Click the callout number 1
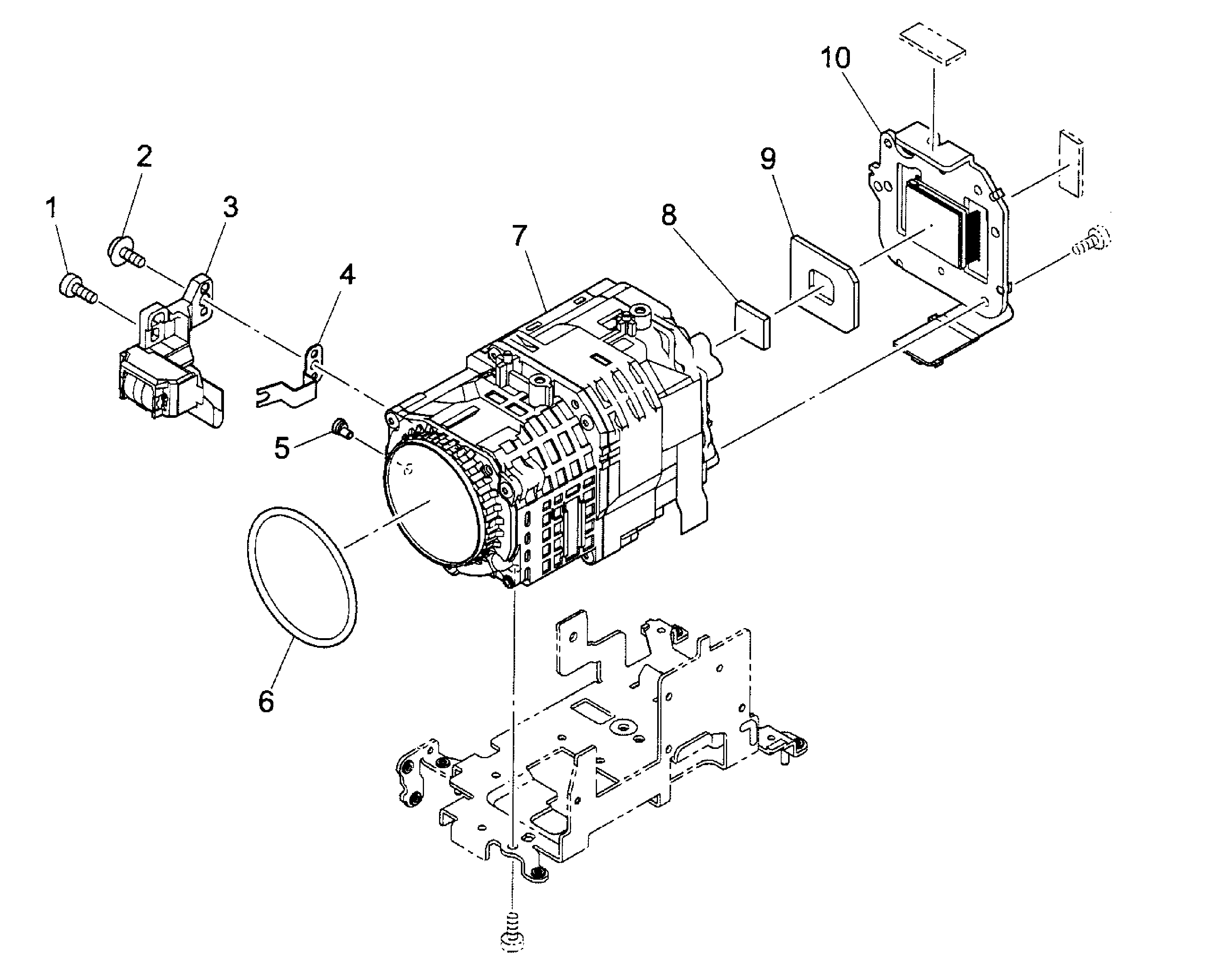pos(51,208)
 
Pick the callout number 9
pos(768,159)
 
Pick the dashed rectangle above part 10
pos(933,43)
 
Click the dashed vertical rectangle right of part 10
pos(1071,163)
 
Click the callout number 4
pos(347,275)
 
